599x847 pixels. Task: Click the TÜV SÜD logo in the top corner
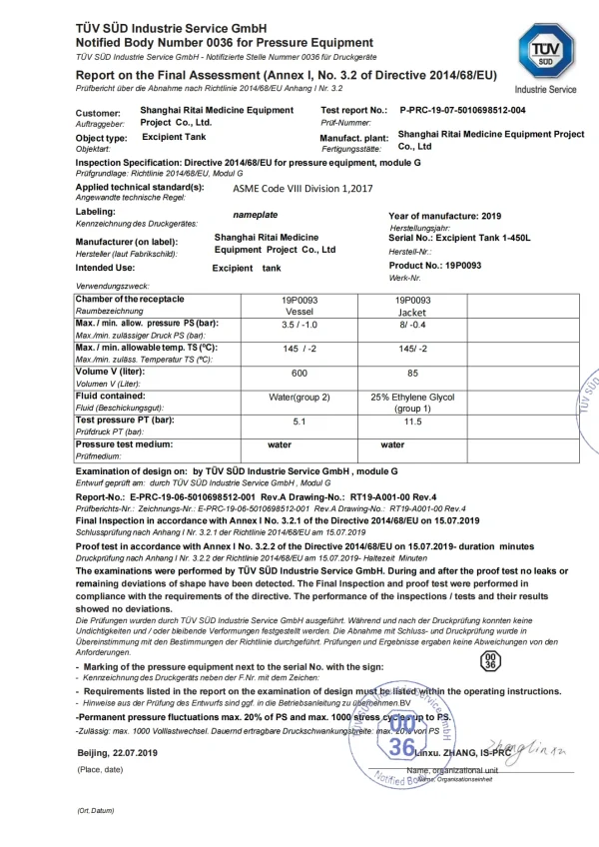546,51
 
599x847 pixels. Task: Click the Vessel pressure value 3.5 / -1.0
299,326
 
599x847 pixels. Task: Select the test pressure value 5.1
299,422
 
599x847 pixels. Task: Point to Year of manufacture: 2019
444,216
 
